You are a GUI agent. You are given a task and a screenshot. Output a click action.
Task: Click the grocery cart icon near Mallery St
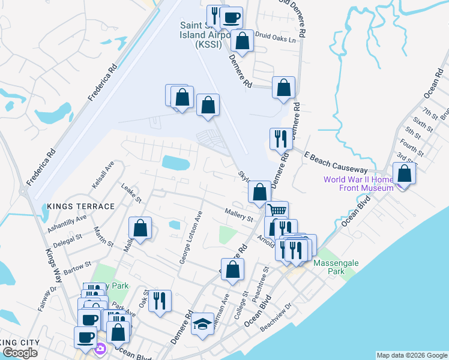[x=277, y=211]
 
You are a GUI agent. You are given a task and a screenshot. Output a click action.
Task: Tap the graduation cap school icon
[x=202, y=324]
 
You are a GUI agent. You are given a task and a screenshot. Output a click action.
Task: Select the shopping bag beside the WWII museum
[x=405, y=173]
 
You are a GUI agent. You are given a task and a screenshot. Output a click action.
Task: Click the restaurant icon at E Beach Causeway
[x=281, y=139]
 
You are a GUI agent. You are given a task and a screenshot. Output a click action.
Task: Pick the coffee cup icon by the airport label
[x=231, y=17]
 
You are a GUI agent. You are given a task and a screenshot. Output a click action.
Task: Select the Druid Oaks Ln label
[x=276, y=40]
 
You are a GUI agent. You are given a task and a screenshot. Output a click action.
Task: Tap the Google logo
[x=20, y=353]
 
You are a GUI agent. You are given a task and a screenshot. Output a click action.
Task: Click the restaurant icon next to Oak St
[x=160, y=300]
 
